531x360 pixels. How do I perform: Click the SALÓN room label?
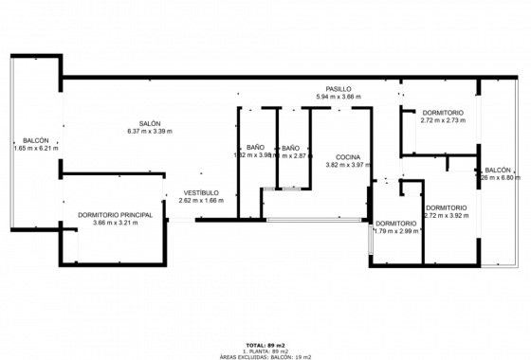tap(150, 123)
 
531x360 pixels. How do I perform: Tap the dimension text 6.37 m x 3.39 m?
tap(150, 131)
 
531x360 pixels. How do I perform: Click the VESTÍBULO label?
tap(201, 193)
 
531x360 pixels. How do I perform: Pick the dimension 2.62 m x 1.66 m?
tap(201, 201)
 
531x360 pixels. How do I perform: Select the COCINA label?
tap(346, 156)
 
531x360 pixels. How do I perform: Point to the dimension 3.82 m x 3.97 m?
tap(346, 165)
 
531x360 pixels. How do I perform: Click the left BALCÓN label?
tap(36, 140)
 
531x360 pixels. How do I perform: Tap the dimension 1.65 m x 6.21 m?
tap(36, 148)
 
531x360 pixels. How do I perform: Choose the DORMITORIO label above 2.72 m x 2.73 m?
tap(443, 113)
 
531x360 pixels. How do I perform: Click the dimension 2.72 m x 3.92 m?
tap(446, 215)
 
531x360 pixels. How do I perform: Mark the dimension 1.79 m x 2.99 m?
tap(395, 231)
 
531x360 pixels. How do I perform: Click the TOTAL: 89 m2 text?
tap(265, 344)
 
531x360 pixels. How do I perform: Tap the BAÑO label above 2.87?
tap(290, 148)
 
